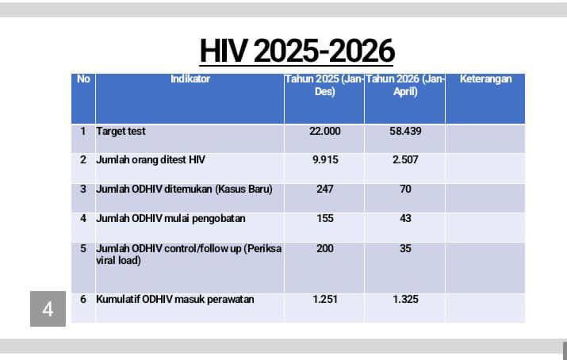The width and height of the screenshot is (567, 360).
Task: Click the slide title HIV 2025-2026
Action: pyautogui.click(x=297, y=51)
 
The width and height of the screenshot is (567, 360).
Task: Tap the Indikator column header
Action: pyautogui.click(x=190, y=79)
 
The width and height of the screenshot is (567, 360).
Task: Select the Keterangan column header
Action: pyautogui.click(x=485, y=79)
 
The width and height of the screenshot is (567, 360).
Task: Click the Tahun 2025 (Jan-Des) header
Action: pyautogui.click(x=324, y=86)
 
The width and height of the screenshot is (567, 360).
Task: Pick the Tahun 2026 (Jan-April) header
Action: pyautogui.click(x=405, y=86)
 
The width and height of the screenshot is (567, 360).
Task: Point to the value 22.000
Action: pyautogui.click(x=324, y=131)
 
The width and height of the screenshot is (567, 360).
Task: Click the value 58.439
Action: pyautogui.click(x=405, y=131)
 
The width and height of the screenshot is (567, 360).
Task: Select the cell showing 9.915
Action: pyautogui.click(x=325, y=159)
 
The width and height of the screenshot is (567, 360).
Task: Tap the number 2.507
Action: pyautogui.click(x=405, y=159)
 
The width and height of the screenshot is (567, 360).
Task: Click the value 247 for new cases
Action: pyautogui.click(x=324, y=189)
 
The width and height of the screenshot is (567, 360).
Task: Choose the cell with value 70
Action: pyautogui.click(x=405, y=189)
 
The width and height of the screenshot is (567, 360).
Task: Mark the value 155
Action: pyautogui.click(x=324, y=218)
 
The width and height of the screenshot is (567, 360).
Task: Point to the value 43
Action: pyautogui.click(x=405, y=218)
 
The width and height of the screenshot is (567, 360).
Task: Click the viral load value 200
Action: pyautogui.click(x=324, y=248)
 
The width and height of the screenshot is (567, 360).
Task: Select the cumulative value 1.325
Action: pyautogui.click(x=405, y=299)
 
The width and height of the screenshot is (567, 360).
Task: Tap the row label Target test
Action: pyautogui.click(x=121, y=131)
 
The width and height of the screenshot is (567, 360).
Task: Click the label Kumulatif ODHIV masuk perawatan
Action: pyautogui.click(x=175, y=300)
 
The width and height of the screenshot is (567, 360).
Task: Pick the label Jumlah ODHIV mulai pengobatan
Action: pyautogui.click(x=170, y=219)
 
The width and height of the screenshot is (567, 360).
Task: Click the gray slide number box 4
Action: pyautogui.click(x=48, y=309)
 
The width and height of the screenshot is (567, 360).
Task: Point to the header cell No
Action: pyautogui.click(x=83, y=79)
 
